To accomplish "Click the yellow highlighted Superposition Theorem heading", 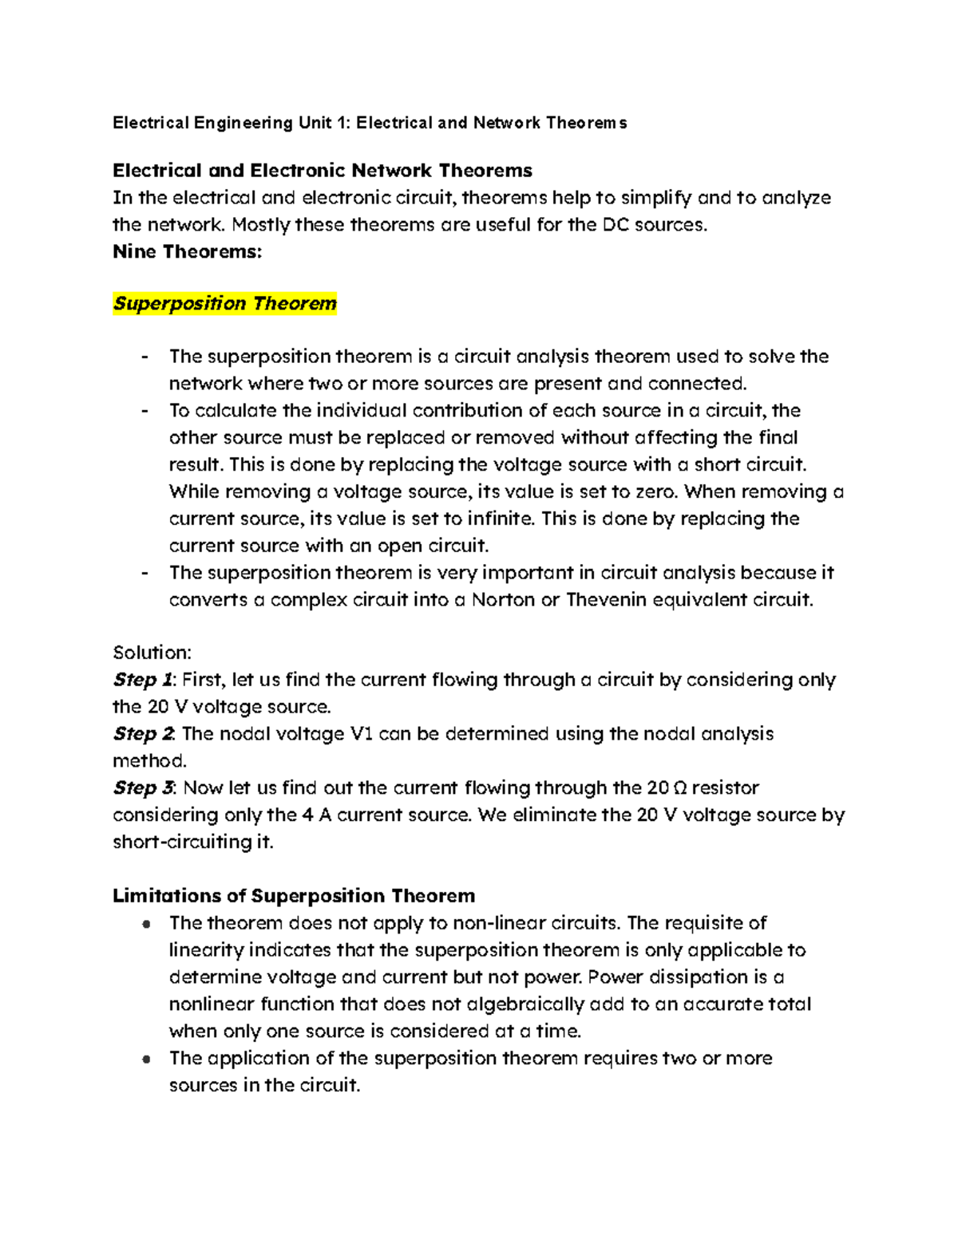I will tap(224, 304).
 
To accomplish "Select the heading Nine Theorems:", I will tap(187, 252).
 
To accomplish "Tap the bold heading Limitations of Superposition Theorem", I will tap(293, 896).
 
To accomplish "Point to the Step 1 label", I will tap(143, 680).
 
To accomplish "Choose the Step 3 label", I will tap(143, 788).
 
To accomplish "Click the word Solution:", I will tap(152, 653).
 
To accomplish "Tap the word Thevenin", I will tap(606, 600).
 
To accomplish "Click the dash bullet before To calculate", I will tap(144, 411).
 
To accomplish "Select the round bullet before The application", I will tap(145, 1059).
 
